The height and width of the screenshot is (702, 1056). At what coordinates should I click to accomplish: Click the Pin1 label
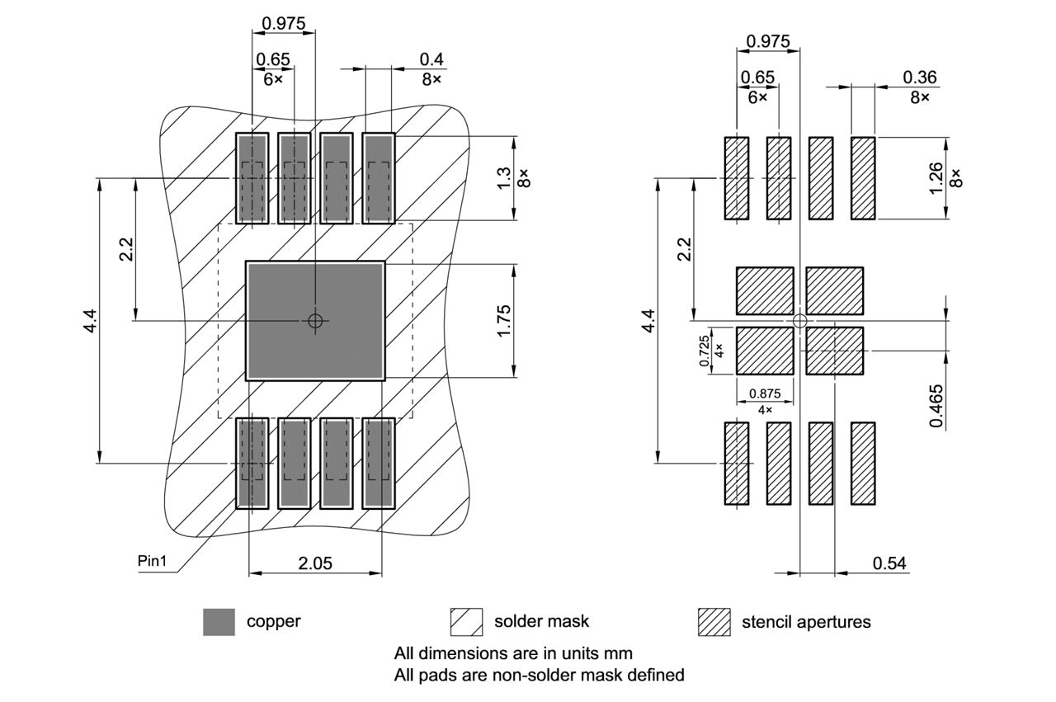coord(152,562)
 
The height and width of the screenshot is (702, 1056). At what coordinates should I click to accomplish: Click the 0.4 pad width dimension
coord(431,59)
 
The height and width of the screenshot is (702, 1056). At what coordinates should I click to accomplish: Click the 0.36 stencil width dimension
coord(919,77)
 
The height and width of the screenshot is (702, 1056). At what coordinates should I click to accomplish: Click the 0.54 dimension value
coord(889,563)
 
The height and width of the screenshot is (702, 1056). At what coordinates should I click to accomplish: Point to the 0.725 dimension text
coord(704,351)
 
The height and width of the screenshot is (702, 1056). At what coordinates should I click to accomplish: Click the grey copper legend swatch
coord(219,622)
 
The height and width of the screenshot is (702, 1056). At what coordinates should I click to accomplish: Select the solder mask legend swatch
coord(466,622)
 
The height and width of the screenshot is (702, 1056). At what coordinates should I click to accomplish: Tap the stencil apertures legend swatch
coord(714,622)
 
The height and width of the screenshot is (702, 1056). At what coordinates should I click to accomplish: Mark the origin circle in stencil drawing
coord(799,320)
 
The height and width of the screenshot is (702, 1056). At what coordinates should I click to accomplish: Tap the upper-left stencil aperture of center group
coord(764,290)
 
